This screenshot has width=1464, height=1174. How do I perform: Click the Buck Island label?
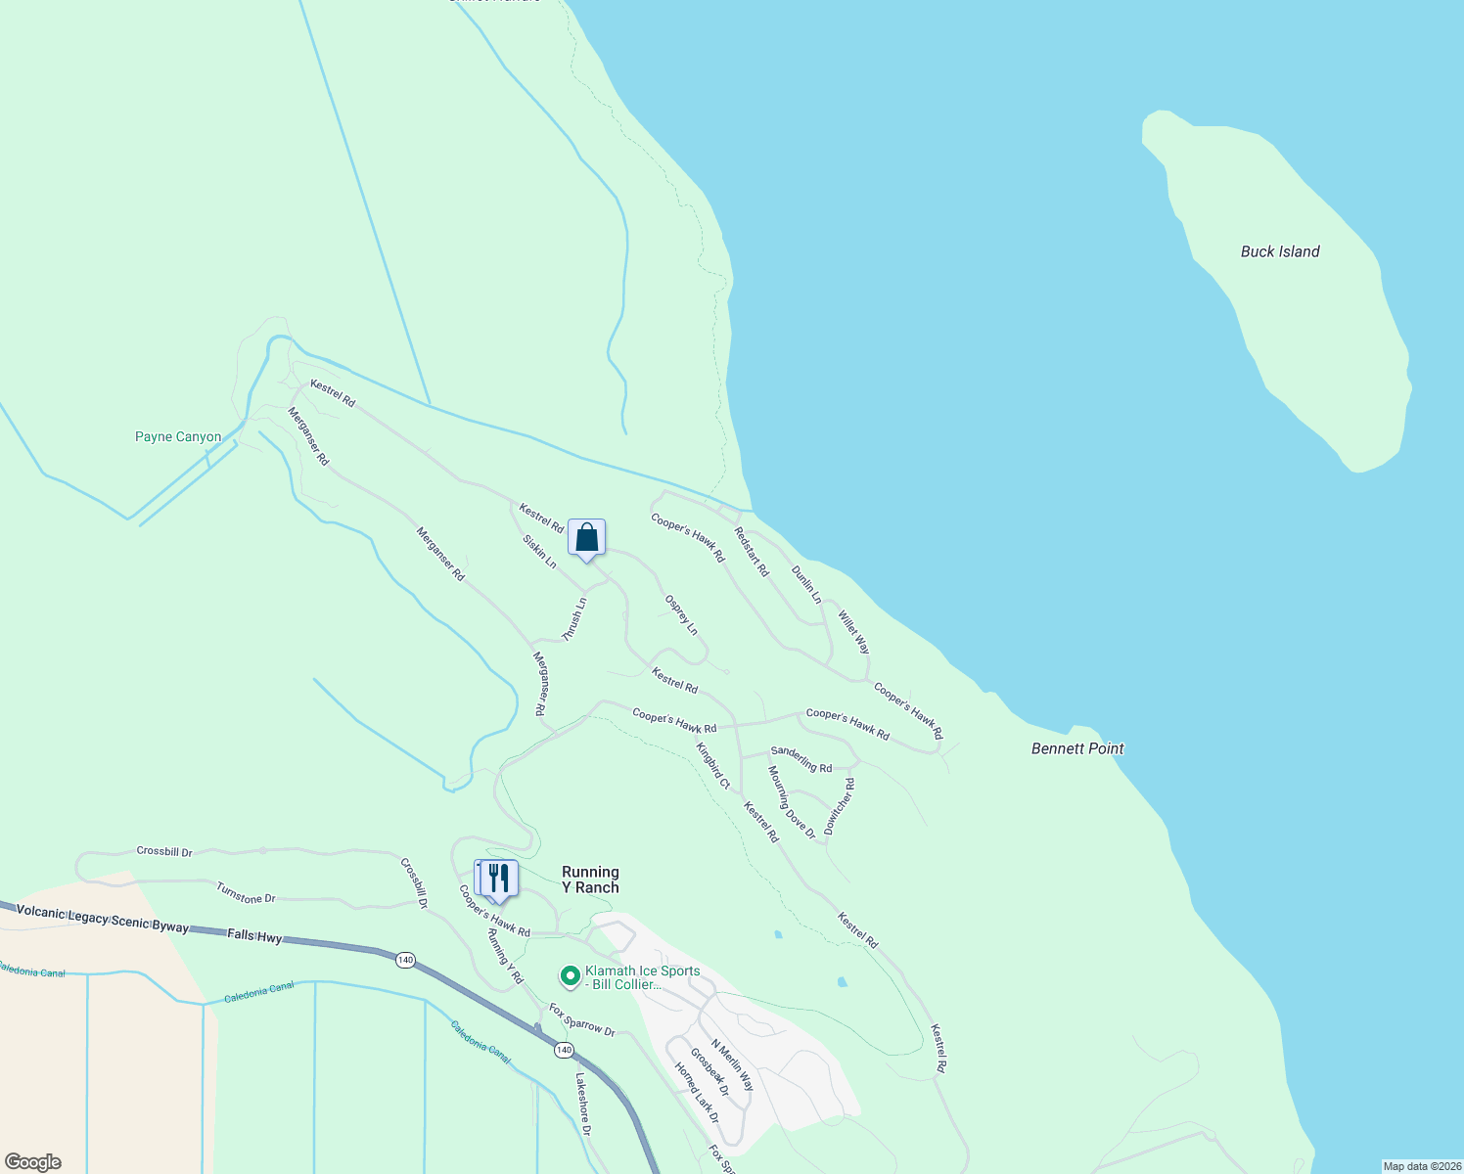pos(1280,251)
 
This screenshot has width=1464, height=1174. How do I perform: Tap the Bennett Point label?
pos(1077,748)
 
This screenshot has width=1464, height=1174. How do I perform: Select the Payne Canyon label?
pos(178,437)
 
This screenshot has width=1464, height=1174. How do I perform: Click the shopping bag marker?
pos(586,538)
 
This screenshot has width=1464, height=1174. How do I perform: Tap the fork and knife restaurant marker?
pos(498,879)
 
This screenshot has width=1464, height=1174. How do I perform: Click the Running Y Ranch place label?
pos(590,880)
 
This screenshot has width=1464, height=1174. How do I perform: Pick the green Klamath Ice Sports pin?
pos(570,976)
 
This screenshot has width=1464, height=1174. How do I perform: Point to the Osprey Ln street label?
pos(681,615)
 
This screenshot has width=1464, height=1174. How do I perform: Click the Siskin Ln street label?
pos(539,552)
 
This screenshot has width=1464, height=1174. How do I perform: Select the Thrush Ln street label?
pos(574,619)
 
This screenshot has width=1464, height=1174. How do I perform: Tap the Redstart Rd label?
pos(752,552)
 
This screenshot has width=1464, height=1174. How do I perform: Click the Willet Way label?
pos(853,633)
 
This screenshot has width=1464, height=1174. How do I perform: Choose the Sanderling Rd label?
pos(801,759)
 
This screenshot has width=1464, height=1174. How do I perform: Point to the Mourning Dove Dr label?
pos(792,802)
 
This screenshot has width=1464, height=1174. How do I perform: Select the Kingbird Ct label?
pos(713,766)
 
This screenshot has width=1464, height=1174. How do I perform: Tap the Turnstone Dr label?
pos(246,892)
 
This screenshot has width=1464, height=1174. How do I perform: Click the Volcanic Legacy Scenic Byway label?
pos(102,919)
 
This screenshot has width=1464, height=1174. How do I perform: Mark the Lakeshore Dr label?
pos(583,1105)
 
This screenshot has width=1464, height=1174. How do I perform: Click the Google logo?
pos(32,1162)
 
